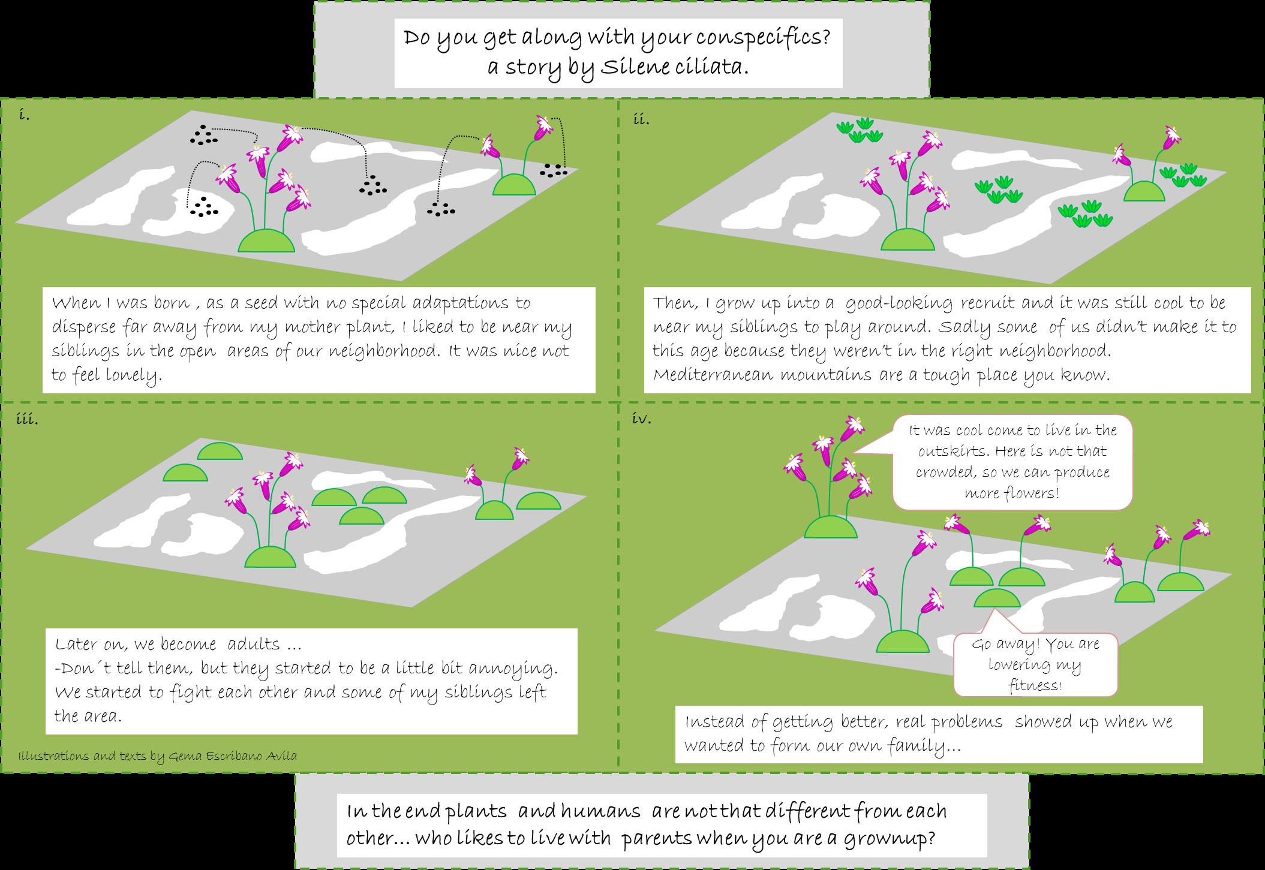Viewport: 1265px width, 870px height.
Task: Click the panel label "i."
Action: click(24, 116)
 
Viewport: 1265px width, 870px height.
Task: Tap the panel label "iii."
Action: click(28, 419)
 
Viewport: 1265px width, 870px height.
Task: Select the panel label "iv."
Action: click(642, 419)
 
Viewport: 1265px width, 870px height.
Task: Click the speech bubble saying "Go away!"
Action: click(1035, 664)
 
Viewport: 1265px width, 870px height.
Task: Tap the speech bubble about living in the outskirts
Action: click(1012, 462)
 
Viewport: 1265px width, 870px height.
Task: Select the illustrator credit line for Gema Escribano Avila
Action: click(158, 755)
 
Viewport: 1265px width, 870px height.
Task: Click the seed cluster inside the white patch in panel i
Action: click(203, 207)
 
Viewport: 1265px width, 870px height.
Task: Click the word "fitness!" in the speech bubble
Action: click(1035, 685)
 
